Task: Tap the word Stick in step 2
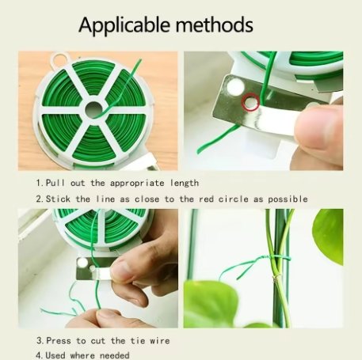(x=62, y=199)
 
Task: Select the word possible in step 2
(x=286, y=199)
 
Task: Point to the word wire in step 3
(x=157, y=341)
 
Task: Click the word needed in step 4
(x=113, y=355)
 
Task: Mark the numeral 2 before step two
(x=37, y=199)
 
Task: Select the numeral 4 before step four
(x=37, y=355)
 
